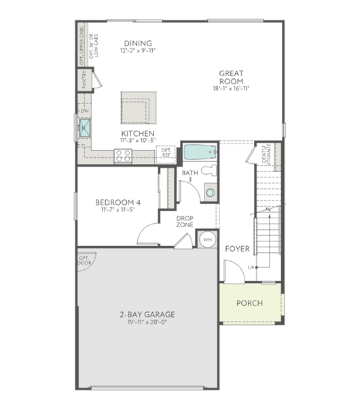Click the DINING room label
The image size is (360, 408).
click(137, 44)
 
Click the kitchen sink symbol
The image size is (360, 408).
click(86, 126)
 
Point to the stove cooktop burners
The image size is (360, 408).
click(124, 156)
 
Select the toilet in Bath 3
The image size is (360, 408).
click(210, 170)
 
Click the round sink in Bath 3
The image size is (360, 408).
click(210, 193)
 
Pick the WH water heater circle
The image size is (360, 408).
click(208, 239)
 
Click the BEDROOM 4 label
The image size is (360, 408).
click(118, 202)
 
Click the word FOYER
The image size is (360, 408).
click(238, 249)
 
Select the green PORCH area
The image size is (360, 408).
click(249, 304)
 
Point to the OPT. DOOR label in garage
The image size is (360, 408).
click(84, 260)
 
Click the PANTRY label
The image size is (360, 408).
click(87, 81)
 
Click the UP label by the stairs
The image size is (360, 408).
click(251, 267)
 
